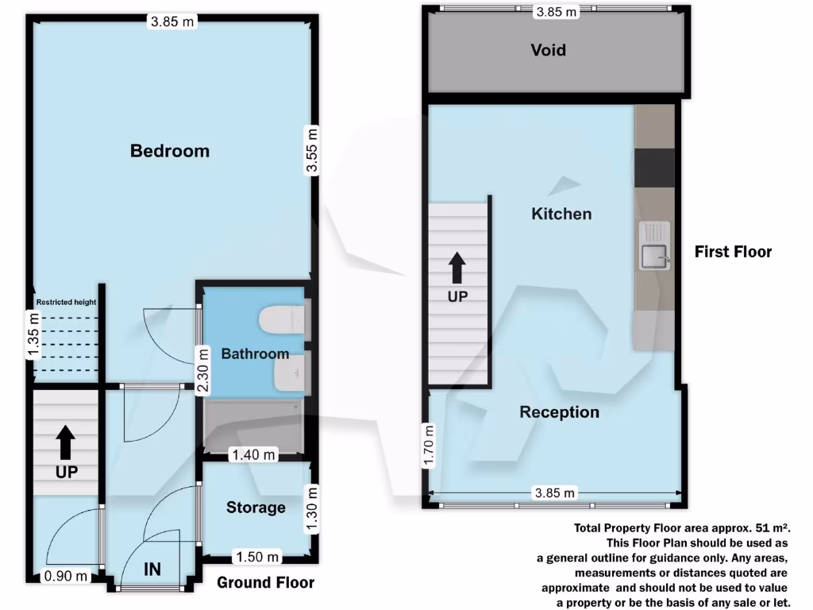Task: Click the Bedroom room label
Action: click(x=170, y=151)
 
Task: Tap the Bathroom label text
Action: click(x=255, y=353)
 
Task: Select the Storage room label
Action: click(x=256, y=507)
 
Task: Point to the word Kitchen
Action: click(x=561, y=214)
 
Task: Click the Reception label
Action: click(x=559, y=412)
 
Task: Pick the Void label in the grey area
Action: click(x=548, y=50)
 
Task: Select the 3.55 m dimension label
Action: click(x=313, y=151)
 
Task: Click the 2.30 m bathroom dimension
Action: click(x=203, y=370)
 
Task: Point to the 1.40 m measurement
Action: click(x=252, y=455)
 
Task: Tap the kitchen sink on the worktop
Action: click(x=653, y=254)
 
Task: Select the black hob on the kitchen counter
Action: click(x=654, y=166)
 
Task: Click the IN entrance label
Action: click(x=152, y=569)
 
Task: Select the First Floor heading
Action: click(x=733, y=252)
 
